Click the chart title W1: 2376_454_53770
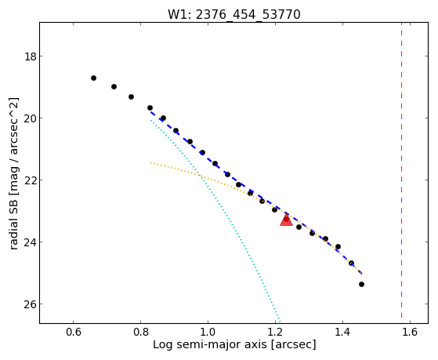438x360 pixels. click(234, 14)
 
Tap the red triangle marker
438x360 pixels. click(286, 220)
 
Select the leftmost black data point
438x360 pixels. click(93, 78)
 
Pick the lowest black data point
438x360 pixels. click(361, 285)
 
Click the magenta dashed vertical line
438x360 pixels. click(402, 170)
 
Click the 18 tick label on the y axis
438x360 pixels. click(31, 56)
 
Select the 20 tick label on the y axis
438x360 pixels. click(31, 118)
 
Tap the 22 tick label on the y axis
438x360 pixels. click(31, 180)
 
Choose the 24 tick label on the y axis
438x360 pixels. click(31, 242)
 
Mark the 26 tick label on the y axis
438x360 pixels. click(31, 304)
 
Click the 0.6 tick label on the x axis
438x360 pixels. click(73, 332)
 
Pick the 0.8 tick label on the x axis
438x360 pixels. click(140, 332)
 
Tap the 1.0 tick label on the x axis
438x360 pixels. click(208, 332)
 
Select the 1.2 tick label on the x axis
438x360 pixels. click(275, 332)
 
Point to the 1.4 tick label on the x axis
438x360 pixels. click(342, 332)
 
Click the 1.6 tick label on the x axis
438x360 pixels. click(410, 332)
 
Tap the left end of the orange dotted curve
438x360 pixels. click(151, 162)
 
